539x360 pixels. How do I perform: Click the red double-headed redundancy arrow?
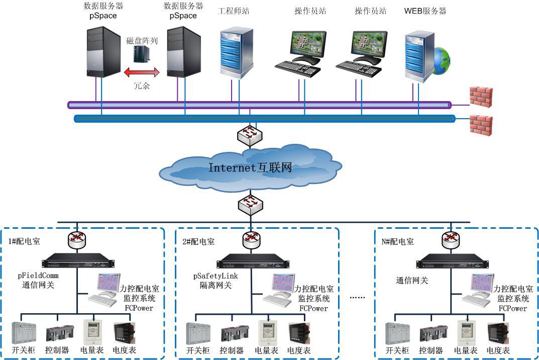pyautogui.click(x=142, y=73)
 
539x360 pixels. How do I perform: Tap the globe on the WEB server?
pyautogui.click(x=441, y=60)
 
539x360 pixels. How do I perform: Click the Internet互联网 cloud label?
pyautogui.click(x=250, y=168)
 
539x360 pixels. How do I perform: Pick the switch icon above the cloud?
pyautogui.click(x=250, y=134)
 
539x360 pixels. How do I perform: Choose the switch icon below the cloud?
pyautogui.click(x=250, y=204)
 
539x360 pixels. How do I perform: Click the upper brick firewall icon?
pyautogui.click(x=481, y=96)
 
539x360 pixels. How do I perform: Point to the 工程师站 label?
pyautogui.click(x=234, y=11)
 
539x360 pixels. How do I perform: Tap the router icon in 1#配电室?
pyautogui.click(x=76, y=239)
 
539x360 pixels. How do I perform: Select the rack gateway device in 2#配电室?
pyautogui.click(x=250, y=263)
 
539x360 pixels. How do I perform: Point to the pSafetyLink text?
pyautogui.click(x=215, y=276)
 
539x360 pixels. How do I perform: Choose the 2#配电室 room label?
pyautogui.click(x=198, y=241)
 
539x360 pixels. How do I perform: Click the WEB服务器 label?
pyautogui.click(x=425, y=11)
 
